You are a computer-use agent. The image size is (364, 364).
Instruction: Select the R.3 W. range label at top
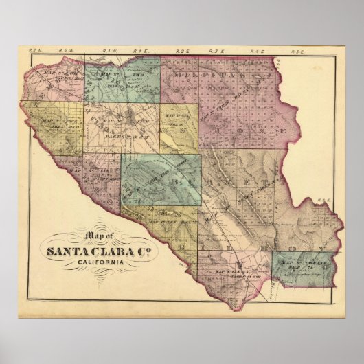click(x=36, y=51)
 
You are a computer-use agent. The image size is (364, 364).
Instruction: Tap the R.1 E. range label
click(x=139, y=51)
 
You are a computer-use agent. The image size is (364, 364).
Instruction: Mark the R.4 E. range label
click(x=258, y=51)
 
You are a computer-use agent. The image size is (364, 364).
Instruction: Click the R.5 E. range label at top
click(x=299, y=51)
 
